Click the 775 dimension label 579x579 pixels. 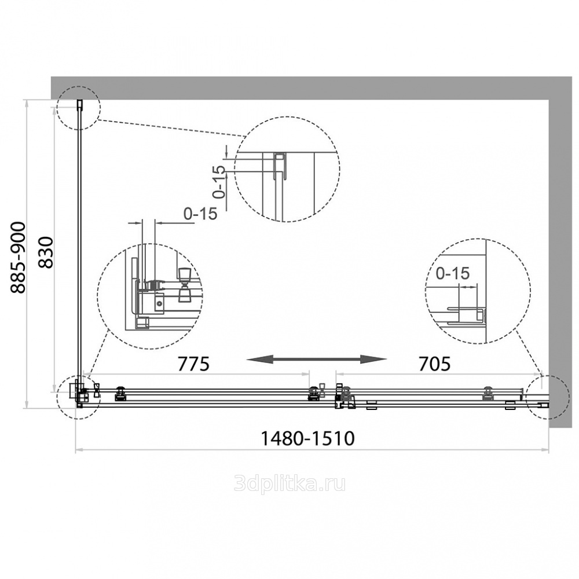click(x=193, y=364)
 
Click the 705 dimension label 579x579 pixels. click(x=435, y=364)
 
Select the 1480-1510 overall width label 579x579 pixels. click(x=307, y=438)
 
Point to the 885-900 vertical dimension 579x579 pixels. click(x=18, y=258)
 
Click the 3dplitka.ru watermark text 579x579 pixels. click(x=290, y=483)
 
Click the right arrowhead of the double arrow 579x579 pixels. click(x=373, y=358)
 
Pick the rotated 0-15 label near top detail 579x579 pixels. click(x=219, y=182)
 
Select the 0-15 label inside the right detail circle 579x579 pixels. click(x=453, y=273)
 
